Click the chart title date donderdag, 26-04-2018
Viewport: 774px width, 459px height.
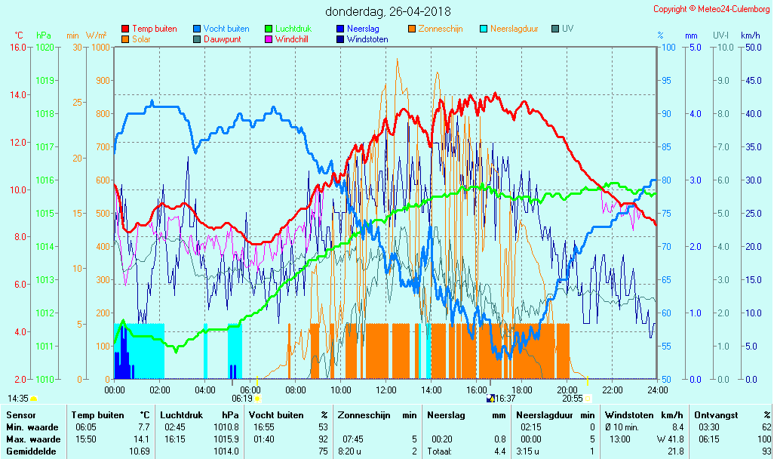(388, 11)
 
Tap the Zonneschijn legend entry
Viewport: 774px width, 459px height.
(440, 29)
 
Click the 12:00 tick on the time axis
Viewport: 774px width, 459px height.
(385, 390)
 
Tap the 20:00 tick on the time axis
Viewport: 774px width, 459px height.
(567, 390)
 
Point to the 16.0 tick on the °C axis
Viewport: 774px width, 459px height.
(17, 48)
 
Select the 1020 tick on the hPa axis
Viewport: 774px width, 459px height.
(44, 48)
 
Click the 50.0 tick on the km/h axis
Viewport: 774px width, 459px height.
(751, 48)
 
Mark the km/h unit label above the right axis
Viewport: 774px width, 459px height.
(750, 35)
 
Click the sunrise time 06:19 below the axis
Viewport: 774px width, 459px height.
(241, 399)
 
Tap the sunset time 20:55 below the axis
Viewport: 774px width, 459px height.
(572, 399)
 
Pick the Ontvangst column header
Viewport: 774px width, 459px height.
(715, 415)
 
